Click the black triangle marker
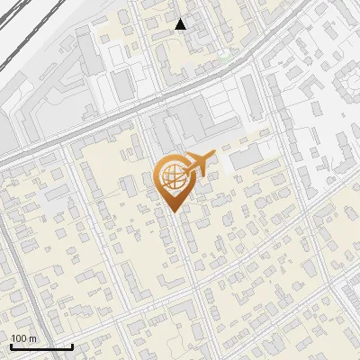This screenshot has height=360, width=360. point(181,24)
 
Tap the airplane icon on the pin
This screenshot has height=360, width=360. point(196,165)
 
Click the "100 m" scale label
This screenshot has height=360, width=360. point(23,338)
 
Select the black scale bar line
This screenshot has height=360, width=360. point(41,346)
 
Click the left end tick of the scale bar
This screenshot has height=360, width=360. point(11,345)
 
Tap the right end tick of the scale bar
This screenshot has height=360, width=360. point(72,345)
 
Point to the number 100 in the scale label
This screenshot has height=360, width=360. point(19,338)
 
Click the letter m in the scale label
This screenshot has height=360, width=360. point(32,338)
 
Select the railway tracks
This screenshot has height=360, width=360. point(27,36)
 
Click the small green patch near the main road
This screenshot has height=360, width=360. point(224,54)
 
